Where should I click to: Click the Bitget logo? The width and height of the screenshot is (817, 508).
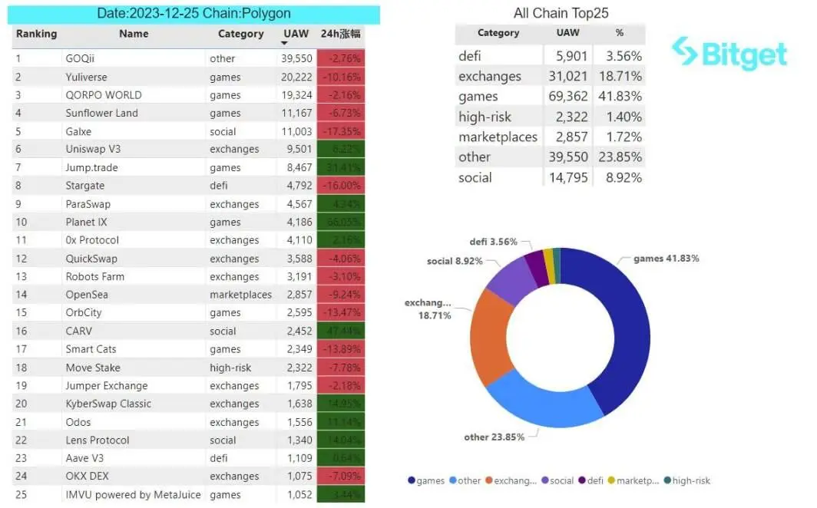[x=729, y=54]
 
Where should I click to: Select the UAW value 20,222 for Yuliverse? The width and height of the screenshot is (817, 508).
[x=297, y=77]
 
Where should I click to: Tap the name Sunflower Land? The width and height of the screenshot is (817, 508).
[x=101, y=113]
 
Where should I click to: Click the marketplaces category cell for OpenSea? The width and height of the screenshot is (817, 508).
[x=240, y=295]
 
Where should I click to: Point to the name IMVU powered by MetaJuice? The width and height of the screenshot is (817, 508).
[x=133, y=495]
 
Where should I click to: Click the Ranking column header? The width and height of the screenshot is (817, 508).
[x=36, y=34]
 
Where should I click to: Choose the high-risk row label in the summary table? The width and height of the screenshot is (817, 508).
[x=485, y=117]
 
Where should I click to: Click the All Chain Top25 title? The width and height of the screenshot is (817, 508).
[x=561, y=14]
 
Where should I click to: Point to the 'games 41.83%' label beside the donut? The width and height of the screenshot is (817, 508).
[x=666, y=259]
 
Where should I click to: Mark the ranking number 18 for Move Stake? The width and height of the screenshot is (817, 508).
[x=21, y=368]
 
